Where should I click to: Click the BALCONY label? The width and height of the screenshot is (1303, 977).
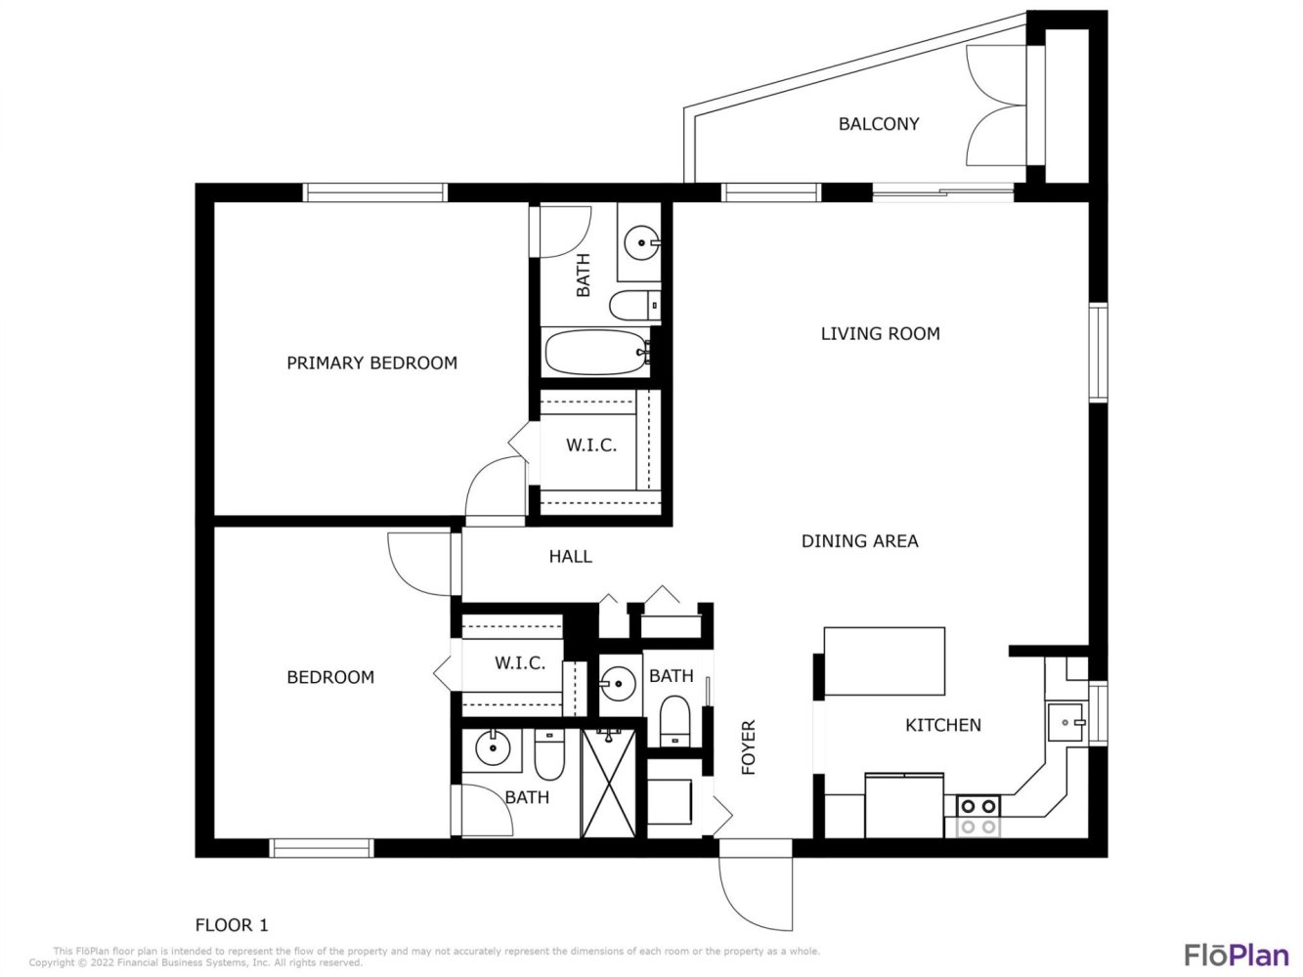coord(879,124)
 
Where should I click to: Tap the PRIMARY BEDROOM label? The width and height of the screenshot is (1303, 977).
coord(371,363)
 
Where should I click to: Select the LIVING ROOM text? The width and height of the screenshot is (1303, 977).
coord(880,334)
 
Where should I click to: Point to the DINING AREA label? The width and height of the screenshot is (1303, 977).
coord(859,541)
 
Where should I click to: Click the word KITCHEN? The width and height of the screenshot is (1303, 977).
coord(942,725)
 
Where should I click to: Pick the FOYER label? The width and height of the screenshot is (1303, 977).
coord(749,747)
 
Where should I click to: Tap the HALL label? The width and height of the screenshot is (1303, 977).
coord(570,557)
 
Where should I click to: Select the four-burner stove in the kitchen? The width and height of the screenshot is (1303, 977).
coord(977,816)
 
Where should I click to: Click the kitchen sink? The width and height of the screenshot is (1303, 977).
coord(1066,722)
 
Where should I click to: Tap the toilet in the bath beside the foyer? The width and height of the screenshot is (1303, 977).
coord(674,721)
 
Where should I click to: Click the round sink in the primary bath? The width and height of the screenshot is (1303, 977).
coord(641,242)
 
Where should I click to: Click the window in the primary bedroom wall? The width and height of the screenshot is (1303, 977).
coord(375,192)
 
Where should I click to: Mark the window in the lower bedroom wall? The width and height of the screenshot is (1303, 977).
coord(322,848)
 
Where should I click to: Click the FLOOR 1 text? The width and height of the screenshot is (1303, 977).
coord(232,925)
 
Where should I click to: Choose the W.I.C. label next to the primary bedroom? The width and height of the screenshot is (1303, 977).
coord(591,445)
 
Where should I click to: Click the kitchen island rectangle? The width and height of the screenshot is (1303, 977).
coord(884,661)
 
